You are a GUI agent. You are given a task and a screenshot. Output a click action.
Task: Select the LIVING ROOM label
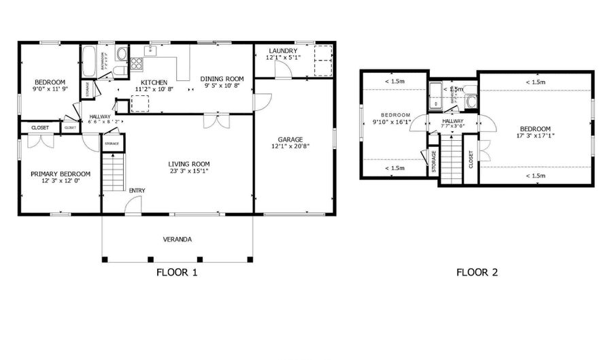point(189,164)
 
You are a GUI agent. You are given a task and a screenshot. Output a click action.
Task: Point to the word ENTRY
point(137,190)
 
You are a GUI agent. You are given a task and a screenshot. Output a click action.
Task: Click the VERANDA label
point(176,239)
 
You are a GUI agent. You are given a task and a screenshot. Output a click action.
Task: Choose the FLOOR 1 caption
point(176,273)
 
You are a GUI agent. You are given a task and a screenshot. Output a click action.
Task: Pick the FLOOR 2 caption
point(477,273)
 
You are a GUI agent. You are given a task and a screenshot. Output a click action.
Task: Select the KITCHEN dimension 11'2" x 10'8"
point(154,88)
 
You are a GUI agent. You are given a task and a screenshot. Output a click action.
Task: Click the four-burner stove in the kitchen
point(137,64)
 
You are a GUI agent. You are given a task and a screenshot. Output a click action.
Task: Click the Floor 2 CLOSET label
point(471,159)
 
